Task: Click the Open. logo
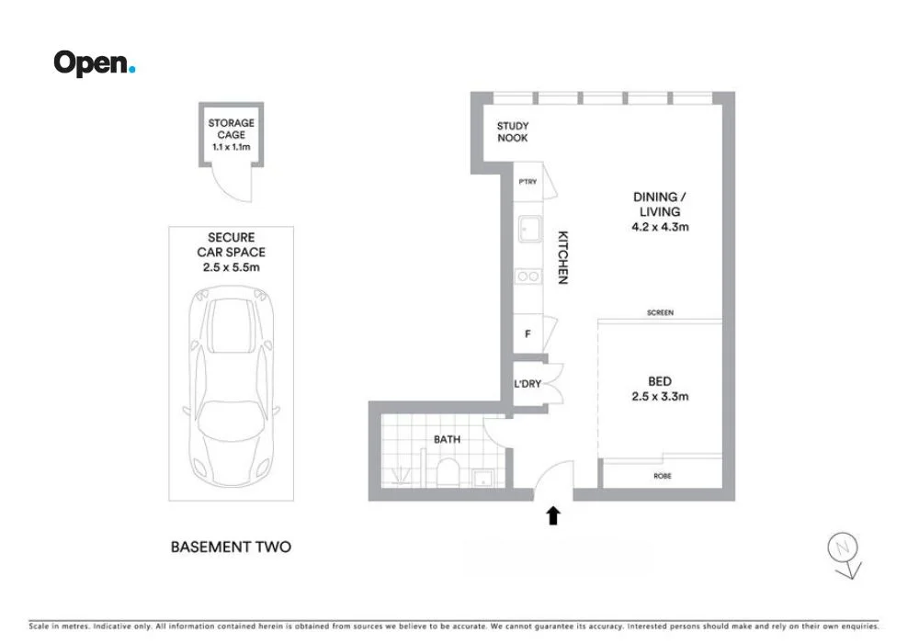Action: coord(94,63)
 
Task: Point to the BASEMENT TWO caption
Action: coord(231,547)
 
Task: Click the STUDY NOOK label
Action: coord(513,132)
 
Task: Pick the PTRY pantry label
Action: coord(528,182)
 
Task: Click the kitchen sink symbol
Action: coord(529,229)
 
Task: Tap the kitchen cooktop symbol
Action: coord(528,275)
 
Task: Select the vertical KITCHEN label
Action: coord(562,257)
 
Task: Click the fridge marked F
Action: coord(528,334)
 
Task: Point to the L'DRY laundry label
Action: coord(528,383)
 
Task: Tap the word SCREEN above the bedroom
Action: coord(660,313)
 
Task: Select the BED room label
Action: coord(660,381)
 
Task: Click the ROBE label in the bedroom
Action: coord(661,476)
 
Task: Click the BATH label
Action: coord(447,439)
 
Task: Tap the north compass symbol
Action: coord(841,550)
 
